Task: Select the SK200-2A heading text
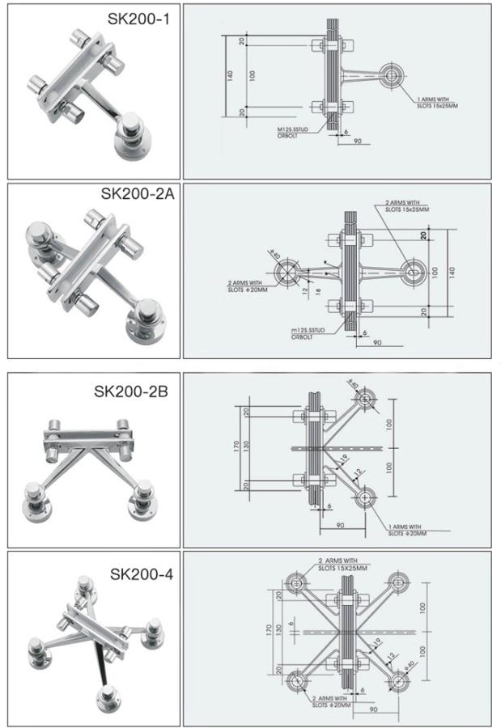click(137, 194)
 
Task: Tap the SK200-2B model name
click(131, 392)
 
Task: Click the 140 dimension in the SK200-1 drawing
click(230, 74)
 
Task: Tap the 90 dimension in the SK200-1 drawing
click(355, 142)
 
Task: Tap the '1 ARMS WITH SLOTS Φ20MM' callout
click(406, 530)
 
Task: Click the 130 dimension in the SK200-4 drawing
click(279, 629)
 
